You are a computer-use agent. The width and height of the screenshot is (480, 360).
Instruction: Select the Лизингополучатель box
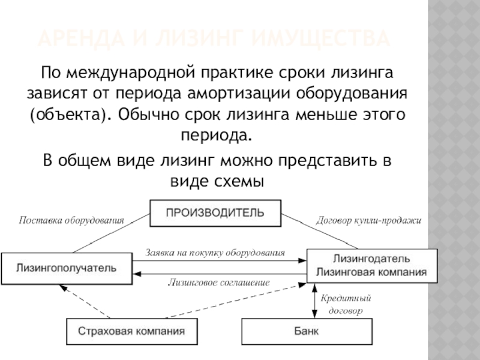click(x=66, y=268)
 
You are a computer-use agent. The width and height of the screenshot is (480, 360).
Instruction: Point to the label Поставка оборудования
click(x=71, y=221)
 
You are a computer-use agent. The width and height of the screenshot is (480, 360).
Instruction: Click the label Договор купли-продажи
click(x=368, y=221)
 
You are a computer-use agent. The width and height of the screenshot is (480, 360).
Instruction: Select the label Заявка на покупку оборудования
click(x=215, y=253)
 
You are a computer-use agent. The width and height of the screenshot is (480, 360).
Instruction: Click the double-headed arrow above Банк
click(x=314, y=301)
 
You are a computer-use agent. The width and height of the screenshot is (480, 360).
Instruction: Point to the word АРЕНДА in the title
click(x=79, y=40)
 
